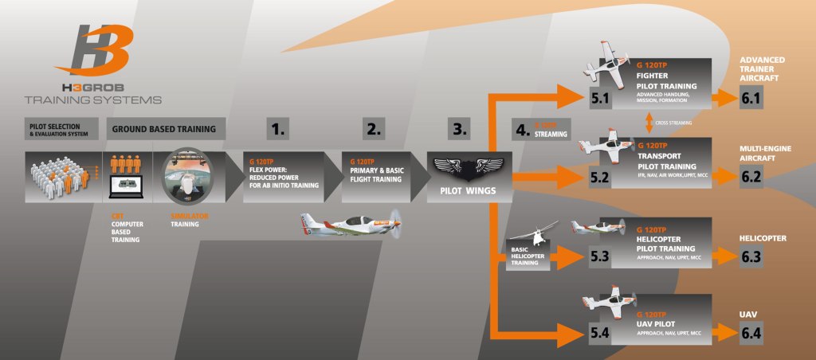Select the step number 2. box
pyautogui.click(x=373, y=127)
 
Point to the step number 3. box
pyautogui.click(x=461, y=127)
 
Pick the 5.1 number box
pyautogui.click(x=598, y=100)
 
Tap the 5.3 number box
pyautogui.click(x=598, y=256)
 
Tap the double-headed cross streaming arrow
pyautogui.click(x=649, y=123)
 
